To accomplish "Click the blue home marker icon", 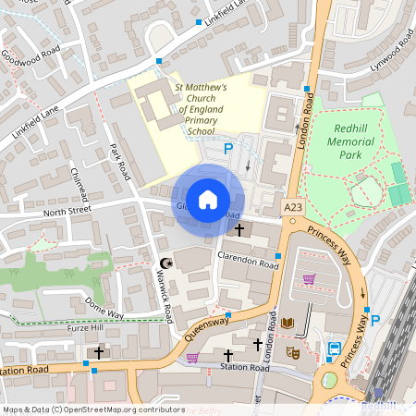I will (208, 199).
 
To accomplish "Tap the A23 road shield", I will (294, 208).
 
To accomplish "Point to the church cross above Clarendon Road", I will (239, 229).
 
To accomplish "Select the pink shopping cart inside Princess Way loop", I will (309, 279).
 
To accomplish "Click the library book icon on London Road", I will (288, 323).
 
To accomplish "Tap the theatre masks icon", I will (294, 352).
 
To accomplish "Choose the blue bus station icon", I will (334, 349).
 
